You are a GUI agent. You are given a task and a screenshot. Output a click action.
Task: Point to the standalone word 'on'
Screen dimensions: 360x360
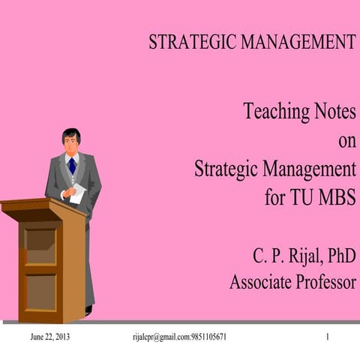tap(346, 141)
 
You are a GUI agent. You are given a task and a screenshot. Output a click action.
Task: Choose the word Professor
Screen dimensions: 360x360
tap(325, 283)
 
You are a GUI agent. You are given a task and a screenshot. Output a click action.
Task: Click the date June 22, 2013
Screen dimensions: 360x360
tap(49, 337)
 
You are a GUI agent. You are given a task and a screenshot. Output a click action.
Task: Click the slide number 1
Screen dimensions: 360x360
tap(328, 337)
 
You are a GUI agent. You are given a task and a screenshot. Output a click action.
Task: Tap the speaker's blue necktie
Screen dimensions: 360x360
tap(71, 165)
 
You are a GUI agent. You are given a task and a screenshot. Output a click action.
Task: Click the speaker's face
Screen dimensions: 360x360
tap(71, 142)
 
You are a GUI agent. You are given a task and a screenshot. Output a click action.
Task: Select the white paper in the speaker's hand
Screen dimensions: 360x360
tap(78, 193)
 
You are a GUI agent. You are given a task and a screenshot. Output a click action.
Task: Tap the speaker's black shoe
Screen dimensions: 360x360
tap(88, 310)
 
